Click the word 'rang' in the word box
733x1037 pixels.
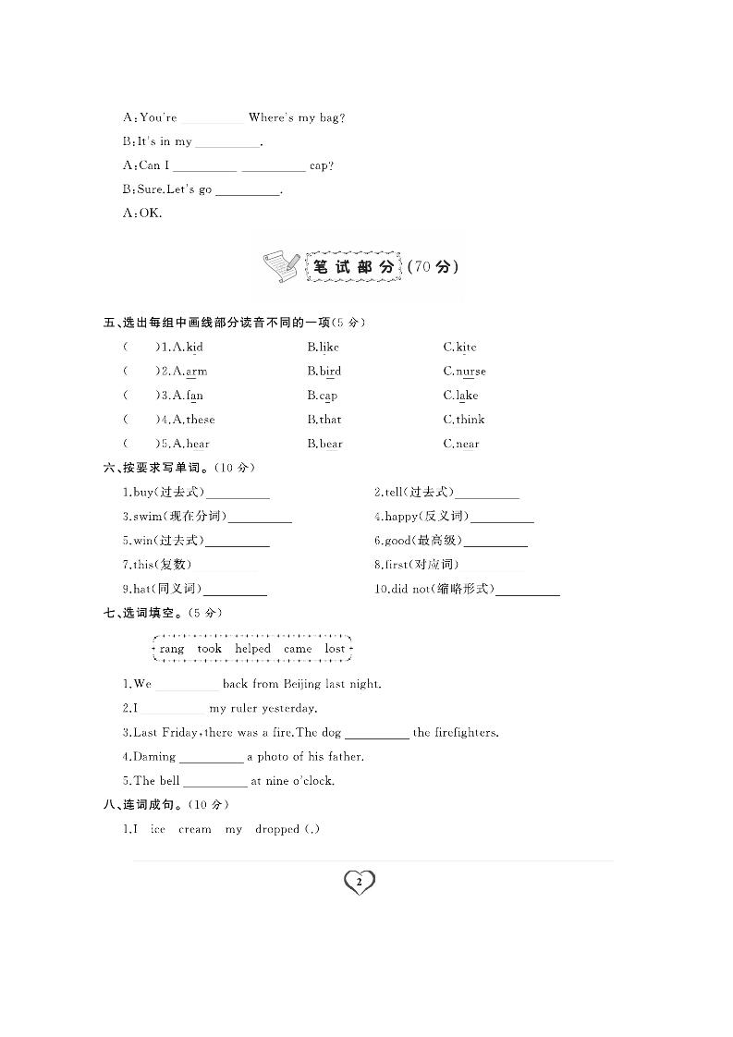click(x=172, y=649)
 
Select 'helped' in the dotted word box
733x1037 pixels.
click(x=252, y=649)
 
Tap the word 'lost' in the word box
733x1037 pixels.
click(x=335, y=649)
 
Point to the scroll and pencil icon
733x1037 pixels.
click(x=280, y=266)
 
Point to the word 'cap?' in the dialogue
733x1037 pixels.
click(x=322, y=166)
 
